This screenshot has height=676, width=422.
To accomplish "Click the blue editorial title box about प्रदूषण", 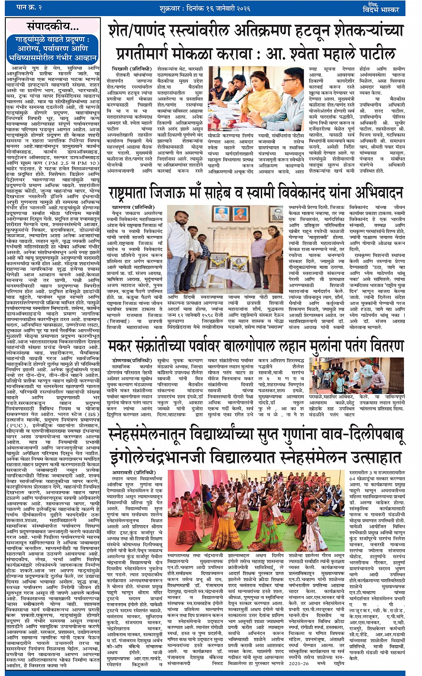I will point(53,49).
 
